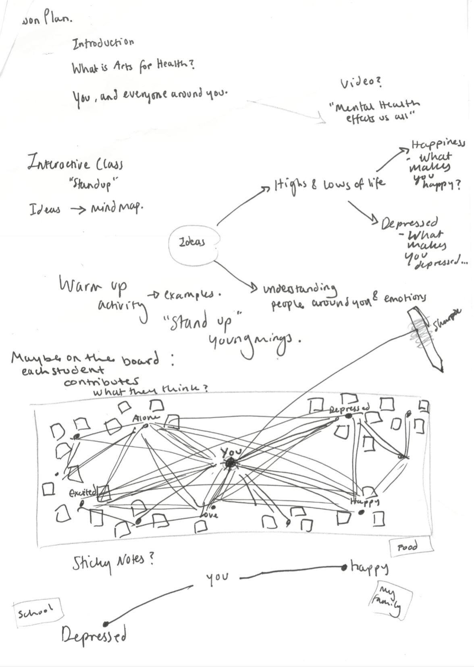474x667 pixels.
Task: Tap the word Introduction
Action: click(x=103, y=43)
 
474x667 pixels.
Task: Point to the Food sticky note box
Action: click(x=408, y=547)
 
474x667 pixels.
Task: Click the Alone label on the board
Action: click(x=146, y=418)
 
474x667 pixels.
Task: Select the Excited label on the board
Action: click(x=83, y=492)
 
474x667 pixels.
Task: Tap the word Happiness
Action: click(x=437, y=144)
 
